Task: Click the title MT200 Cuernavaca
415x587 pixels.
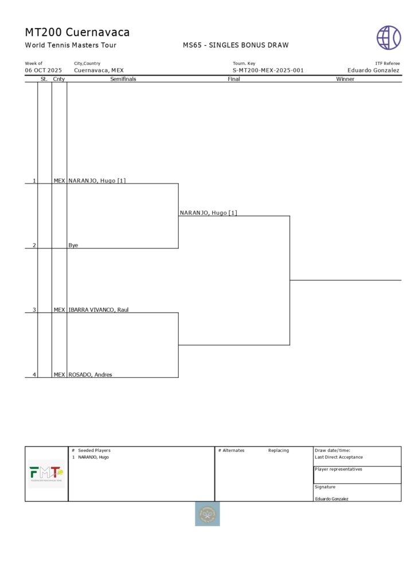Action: (x=77, y=32)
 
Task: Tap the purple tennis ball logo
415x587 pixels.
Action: (x=389, y=37)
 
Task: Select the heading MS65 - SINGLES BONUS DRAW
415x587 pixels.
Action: (x=236, y=45)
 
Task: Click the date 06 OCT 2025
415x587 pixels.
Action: (x=43, y=71)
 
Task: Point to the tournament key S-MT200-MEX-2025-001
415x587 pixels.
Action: (x=268, y=71)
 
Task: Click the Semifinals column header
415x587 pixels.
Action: (x=123, y=79)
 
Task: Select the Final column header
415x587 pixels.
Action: (x=234, y=79)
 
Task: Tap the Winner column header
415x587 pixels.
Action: (x=345, y=79)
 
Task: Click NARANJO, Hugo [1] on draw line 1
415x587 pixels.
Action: (x=97, y=181)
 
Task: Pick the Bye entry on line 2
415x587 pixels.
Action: (x=73, y=245)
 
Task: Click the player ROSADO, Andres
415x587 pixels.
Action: (x=90, y=375)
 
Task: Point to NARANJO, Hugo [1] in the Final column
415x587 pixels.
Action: (x=208, y=213)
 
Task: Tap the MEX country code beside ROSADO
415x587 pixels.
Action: (x=59, y=375)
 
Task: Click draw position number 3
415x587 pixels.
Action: (x=34, y=310)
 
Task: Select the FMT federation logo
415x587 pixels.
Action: (x=46, y=474)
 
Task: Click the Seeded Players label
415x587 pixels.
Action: (x=94, y=451)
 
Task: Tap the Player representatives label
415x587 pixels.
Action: (x=338, y=469)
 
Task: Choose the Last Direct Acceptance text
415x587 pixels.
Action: (x=339, y=457)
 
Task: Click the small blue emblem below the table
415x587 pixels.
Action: (x=207, y=514)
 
